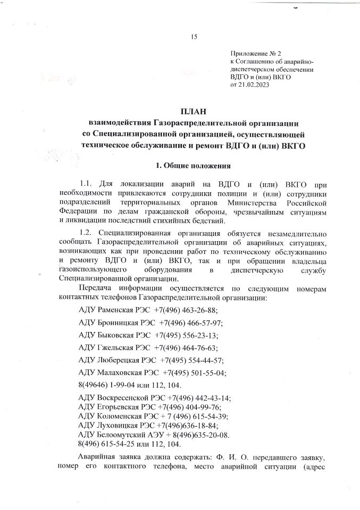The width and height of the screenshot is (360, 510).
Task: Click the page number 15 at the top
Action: (x=194, y=37)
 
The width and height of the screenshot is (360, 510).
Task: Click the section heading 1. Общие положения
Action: (x=194, y=164)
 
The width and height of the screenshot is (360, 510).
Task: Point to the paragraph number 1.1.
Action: (x=86, y=183)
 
